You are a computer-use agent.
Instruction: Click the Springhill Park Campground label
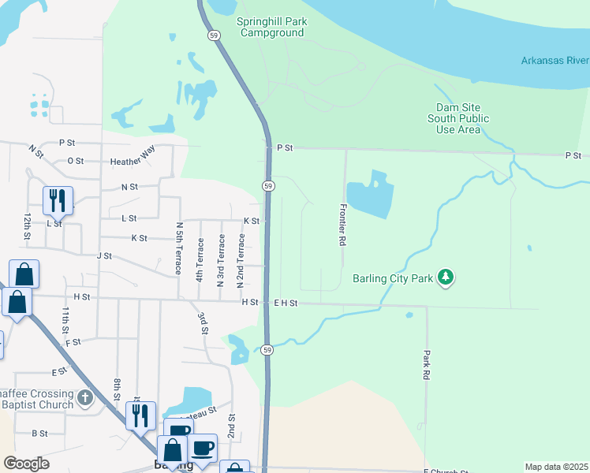click(x=270, y=28)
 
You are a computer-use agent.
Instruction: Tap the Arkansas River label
click(x=555, y=61)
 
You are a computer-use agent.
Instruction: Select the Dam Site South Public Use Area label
click(x=458, y=118)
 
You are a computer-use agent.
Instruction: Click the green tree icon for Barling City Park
click(x=446, y=277)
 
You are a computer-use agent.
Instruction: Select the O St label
click(x=76, y=160)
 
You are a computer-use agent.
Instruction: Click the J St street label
click(x=104, y=255)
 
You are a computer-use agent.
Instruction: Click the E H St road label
click(x=285, y=303)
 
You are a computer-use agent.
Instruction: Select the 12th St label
click(x=27, y=226)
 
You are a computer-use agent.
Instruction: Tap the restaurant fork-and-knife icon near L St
click(x=58, y=201)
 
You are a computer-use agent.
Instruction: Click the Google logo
click(x=26, y=464)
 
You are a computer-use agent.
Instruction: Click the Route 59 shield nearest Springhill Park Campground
click(x=214, y=35)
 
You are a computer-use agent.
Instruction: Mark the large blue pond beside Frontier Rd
click(x=369, y=194)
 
